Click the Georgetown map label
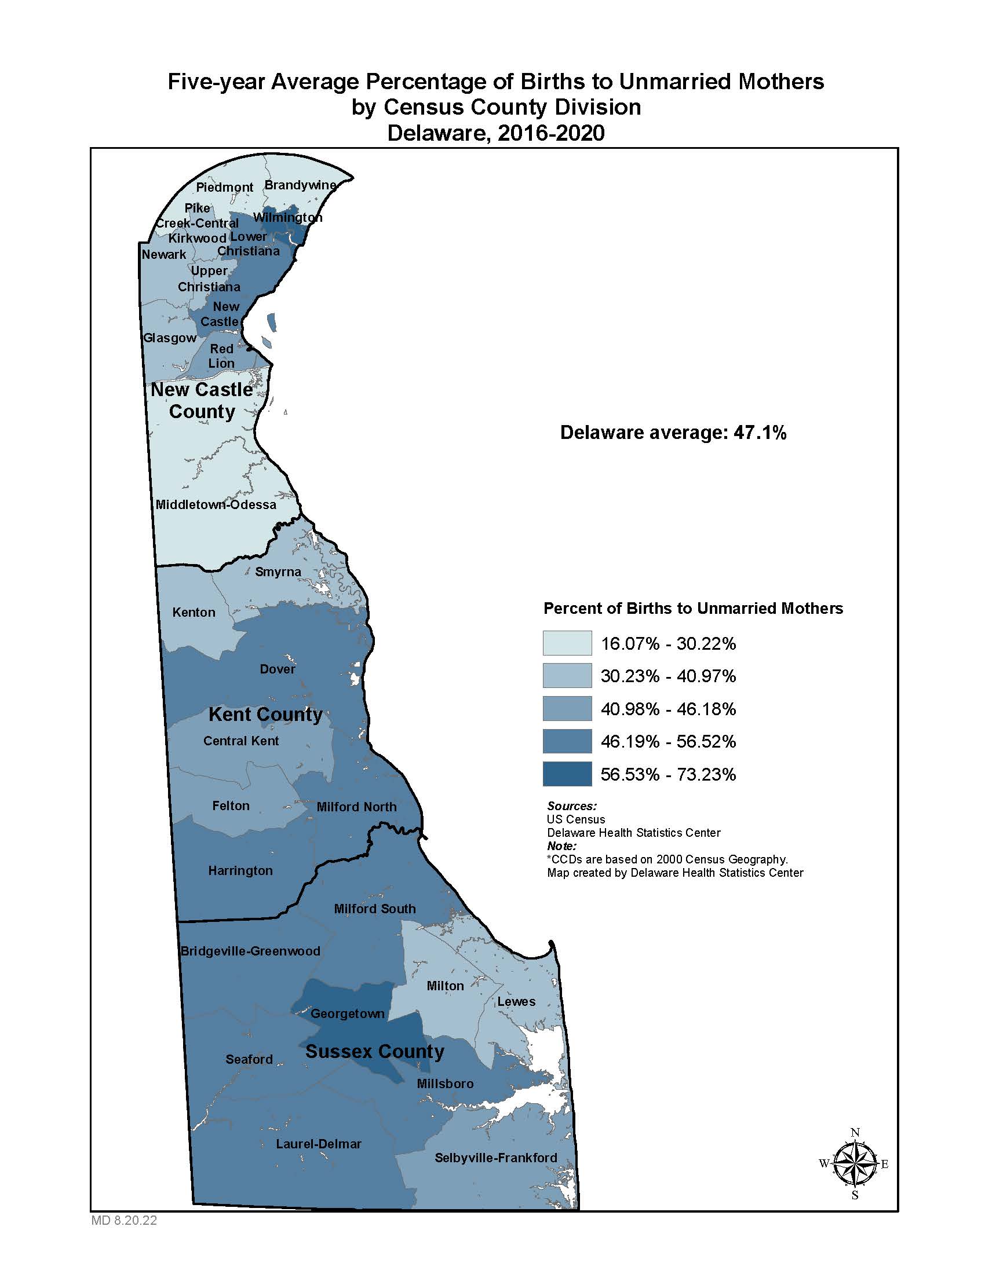click(347, 1014)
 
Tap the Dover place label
click(277, 669)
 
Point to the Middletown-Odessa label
click(216, 504)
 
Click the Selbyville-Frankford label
click(495, 1158)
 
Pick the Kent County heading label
click(265, 715)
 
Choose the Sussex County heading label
click(375, 1052)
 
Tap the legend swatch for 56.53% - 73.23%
click(567, 774)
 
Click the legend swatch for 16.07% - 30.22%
click(567, 643)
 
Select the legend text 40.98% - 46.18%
click(668, 709)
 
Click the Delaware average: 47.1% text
click(673, 432)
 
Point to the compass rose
click(854, 1164)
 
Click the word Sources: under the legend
click(571, 806)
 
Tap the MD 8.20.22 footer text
click(124, 1220)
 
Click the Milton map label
click(445, 986)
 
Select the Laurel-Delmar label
click(319, 1144)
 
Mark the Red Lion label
click(222, 356)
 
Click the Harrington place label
click(240, 871)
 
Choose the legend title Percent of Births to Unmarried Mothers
click(692, 609)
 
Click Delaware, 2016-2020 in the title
click(495, 133)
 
